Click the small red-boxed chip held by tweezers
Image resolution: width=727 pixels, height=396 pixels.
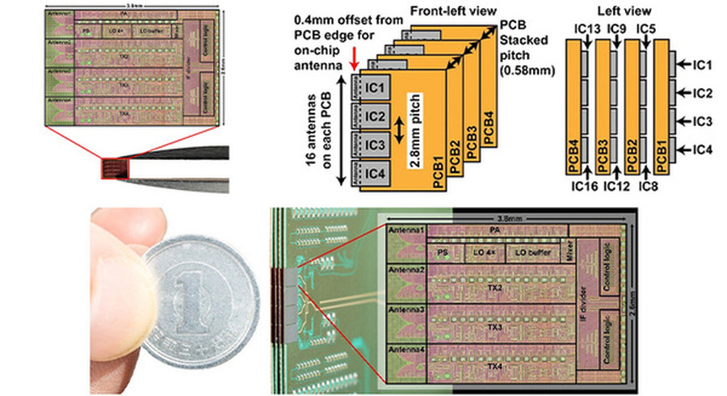click(114, 168)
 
